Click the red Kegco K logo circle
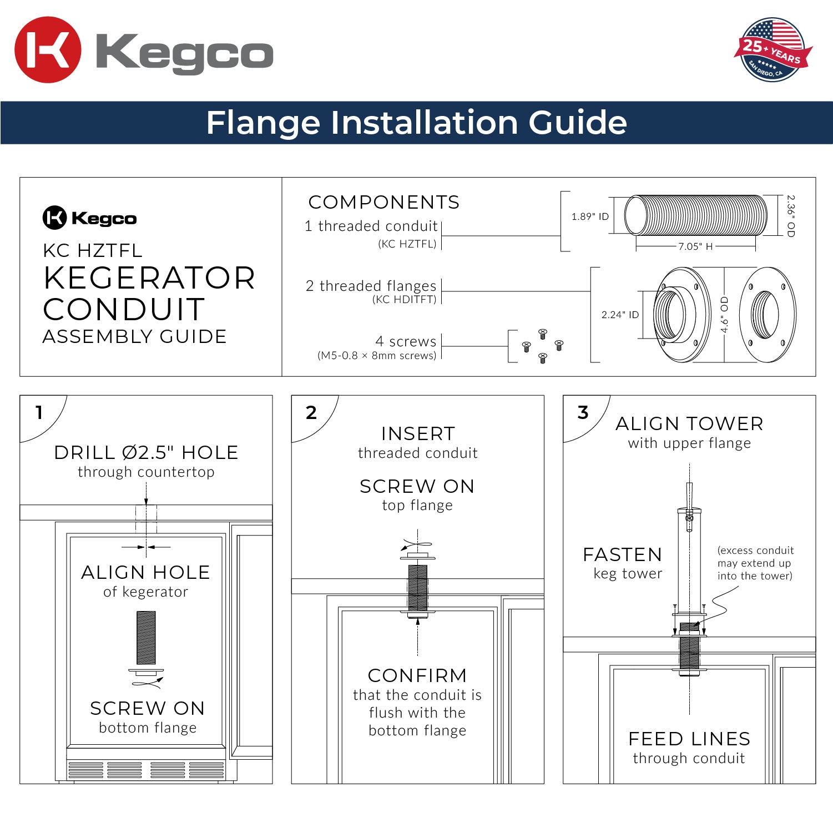tap(48, 50)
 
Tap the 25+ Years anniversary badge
tap(772, 50)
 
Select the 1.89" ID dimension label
tap(589, 216)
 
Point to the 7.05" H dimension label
tap(695, 246)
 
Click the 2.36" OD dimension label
tap(791, 216)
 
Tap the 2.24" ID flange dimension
tap(619, 315)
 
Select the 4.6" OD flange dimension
tap(724, 315)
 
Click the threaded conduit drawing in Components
tap(696, 216)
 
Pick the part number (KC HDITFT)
tap(404, 300)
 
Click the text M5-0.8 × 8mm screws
tap(377, 356)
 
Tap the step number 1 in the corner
tap(39, 412)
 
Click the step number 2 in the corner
tap(311, 412)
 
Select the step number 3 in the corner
tap(582, 412)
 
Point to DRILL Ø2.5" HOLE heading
tap(146, 453)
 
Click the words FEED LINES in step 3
tap(689, 739)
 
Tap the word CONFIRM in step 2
tap(417, 676)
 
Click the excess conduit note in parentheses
tap(755, 563)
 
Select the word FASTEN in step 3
tap(622, 555)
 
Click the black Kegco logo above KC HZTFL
tap(89, 218)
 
